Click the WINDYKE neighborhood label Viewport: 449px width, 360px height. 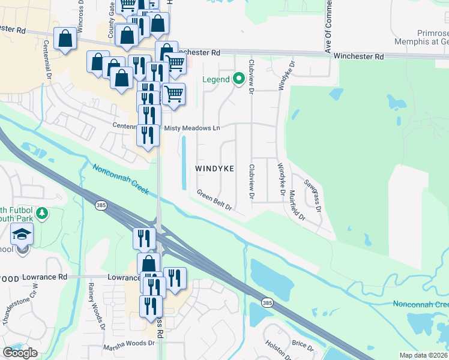pyautogui.click(x=214, y=169)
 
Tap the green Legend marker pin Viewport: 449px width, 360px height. pyautogui.click(x=238, y=79)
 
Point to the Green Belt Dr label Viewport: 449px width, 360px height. pyautogui.click(x=214, y=200)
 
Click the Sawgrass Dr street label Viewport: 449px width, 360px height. pyautogui.click(x=312, y=196)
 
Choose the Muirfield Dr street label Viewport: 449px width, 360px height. pyautogui.click(x=297, y=205)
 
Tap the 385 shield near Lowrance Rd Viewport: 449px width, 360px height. pyautogui.click(x=100, y=206)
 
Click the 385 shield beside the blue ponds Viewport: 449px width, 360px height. pyautogui.click(x=267, y=303)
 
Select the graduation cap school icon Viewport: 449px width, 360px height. pyautogui.click(x=22, y=235)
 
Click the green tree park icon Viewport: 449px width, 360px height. pyautogui.click(x=43, y=213)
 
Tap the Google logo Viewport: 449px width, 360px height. pyautogui.click(x=20, y=352)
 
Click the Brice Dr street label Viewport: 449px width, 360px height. pyautogui.click(x=303, y=345)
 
